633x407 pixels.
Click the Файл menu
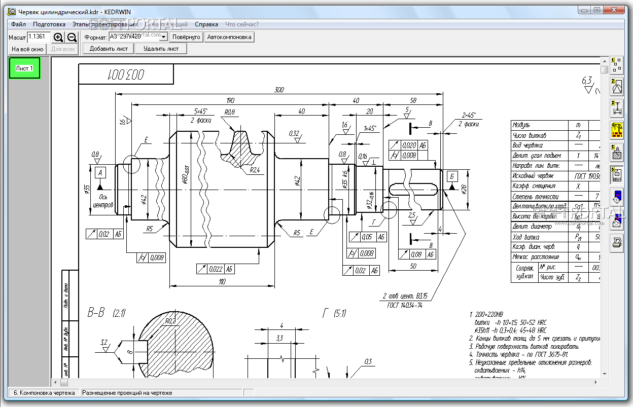click(18, 24)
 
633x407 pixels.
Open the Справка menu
click(206, 24)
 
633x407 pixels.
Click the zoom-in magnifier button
click(58, 37)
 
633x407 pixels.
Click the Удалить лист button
click(161, 49)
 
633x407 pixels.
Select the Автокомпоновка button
click(229, 37)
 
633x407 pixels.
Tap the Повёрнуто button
click(186, 37)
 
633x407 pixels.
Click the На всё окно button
click(27, 49)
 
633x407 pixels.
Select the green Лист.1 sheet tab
click(24, 68)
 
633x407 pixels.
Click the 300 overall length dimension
click(278, 90)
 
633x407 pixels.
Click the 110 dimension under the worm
click(222, 282)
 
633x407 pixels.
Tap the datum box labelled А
click(100, 172)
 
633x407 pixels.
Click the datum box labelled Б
click(451, 176)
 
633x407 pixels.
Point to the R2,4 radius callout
click(255, 170)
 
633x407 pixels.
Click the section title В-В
click(96, 313)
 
